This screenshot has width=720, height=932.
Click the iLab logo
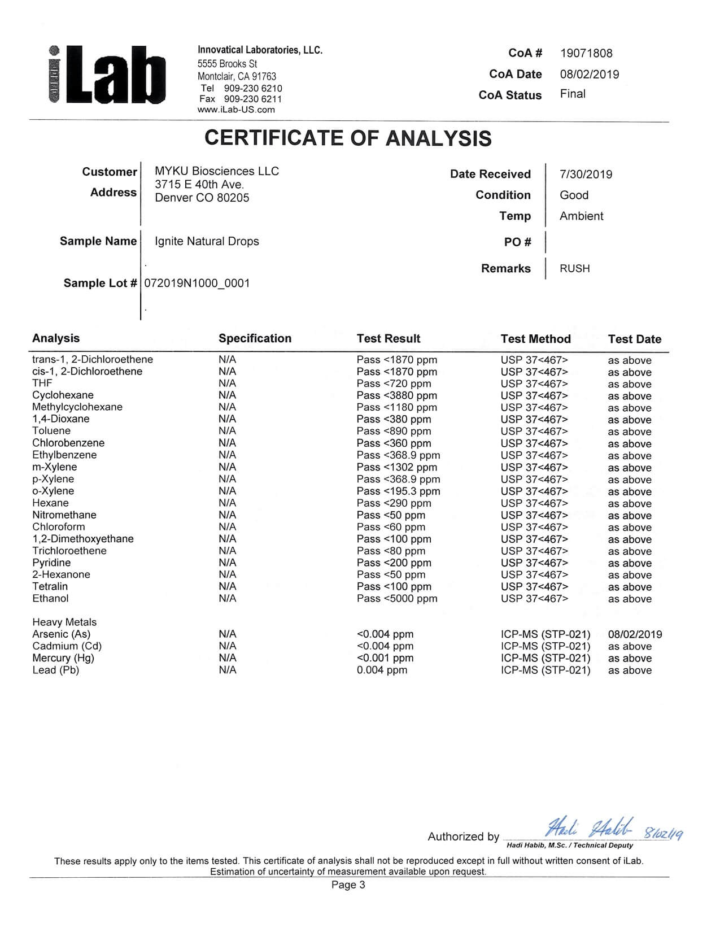[107, 76]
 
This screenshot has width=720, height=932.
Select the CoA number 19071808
[586, 54]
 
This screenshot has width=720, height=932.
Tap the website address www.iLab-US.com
[236, 110]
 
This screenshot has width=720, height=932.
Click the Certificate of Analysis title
[348, 138]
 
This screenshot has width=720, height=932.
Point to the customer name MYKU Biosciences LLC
[217, 171]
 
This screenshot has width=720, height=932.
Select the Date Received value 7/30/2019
[586, 175]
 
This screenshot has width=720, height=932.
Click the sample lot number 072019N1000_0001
[197, 284]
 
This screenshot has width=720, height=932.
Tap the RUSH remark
[574, 269]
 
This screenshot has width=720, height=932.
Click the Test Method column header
[535, 339]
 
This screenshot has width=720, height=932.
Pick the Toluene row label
[51, 431]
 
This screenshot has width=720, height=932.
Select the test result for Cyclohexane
[396, 395]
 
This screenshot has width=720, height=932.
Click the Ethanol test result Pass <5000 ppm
[396, 599]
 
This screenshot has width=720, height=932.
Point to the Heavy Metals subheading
[64, 622]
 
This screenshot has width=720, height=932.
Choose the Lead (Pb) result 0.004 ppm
[382, 670]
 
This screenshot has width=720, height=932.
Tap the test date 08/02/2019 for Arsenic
[635, 634]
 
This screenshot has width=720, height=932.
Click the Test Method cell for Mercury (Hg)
[545, 658]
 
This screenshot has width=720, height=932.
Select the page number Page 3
[348, 885]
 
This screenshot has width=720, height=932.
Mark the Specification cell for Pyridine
[227, 563]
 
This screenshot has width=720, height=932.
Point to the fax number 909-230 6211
[252, 99]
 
